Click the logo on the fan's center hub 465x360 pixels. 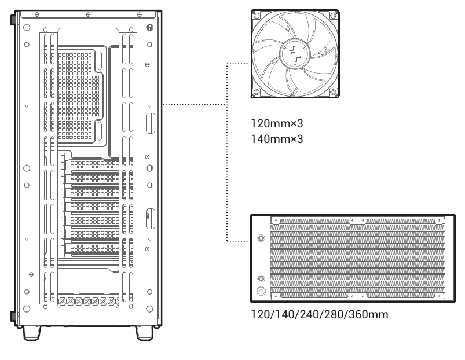coord(295,54)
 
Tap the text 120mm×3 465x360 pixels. coord(277,123)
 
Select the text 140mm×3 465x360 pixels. coord(277,139)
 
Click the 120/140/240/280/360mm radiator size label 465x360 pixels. coord(320,314)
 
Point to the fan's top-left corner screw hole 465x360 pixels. coord(257,15)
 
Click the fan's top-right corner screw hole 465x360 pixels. coord(333,15)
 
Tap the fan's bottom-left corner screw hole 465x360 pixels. coord(257,92)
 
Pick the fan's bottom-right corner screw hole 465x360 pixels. coord(333,92)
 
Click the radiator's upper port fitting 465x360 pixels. coord(261,238)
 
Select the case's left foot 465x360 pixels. coord(32,333)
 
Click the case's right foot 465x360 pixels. coord(144,333)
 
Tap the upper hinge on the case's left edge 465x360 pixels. coord(13,19)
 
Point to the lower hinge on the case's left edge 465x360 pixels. coord(13,316)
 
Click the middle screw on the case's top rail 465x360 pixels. coord(88,14)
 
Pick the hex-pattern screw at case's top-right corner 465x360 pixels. coord(150,28)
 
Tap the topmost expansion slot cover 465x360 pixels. coord(94,165)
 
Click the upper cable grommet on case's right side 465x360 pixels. coord(151,123)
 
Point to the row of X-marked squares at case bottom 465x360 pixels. coord(89,302)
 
